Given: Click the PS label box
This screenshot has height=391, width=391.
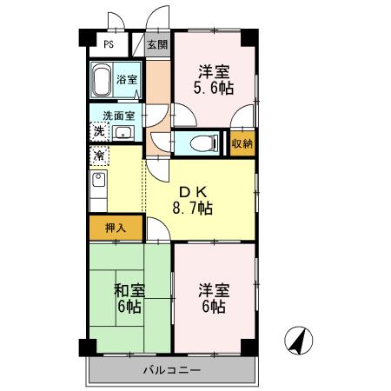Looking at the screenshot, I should pos(109,44).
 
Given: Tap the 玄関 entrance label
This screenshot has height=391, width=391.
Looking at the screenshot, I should pos(156,44).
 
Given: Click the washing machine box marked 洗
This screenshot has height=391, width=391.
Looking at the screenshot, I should pos(98,131).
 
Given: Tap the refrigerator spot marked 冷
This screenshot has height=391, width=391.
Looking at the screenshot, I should pos(98,157).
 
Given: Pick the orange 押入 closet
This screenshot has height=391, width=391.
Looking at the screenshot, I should pos(116,228).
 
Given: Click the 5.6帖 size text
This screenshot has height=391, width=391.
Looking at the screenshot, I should pos(214,89).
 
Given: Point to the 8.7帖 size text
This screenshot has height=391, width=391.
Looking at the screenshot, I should pos(193,209).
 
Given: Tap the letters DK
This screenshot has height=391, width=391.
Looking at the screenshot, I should pos(192,191).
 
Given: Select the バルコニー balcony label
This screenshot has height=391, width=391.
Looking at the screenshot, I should pos(171,370).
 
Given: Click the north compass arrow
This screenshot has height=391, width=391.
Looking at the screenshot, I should pos(301,341).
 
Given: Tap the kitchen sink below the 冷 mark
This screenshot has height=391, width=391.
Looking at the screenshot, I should pos(98,182).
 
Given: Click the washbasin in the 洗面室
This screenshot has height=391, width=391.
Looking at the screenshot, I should pos(123,133).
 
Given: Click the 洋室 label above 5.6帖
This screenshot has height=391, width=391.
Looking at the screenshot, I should pos(214,71).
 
